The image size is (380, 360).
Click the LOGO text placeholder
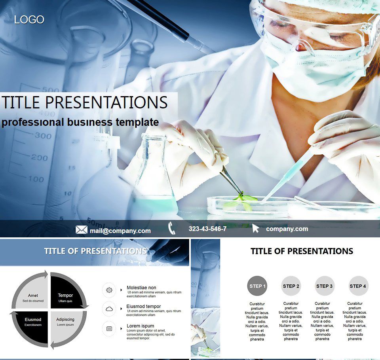(x=29, y=19)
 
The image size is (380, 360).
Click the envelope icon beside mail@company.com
(x=81, y=230)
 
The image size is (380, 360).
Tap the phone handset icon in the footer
(x=172, y=228)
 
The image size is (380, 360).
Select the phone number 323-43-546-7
(x=207, y=229)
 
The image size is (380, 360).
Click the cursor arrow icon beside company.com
(x=256, y=228)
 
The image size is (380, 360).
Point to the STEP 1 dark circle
(x=257, y=286)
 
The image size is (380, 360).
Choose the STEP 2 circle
(x=291, y=286)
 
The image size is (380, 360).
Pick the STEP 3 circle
(x=325, y=286)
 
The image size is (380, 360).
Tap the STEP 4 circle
(x=358, y=286)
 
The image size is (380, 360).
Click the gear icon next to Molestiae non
(x=109, y=290)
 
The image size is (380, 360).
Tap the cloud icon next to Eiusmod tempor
(x=109, y=309)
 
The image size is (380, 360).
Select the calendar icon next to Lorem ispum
(x=109, y=328)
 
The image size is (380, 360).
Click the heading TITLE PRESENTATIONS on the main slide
(x=85, y=102)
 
